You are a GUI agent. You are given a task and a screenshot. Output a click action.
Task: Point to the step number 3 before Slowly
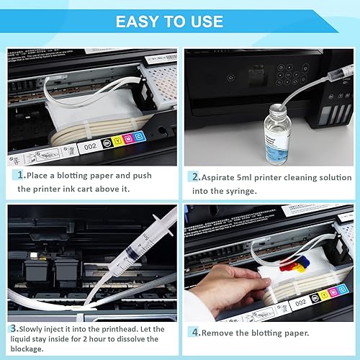[13, 329]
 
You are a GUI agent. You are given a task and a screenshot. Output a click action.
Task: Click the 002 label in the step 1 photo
[90, 146]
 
